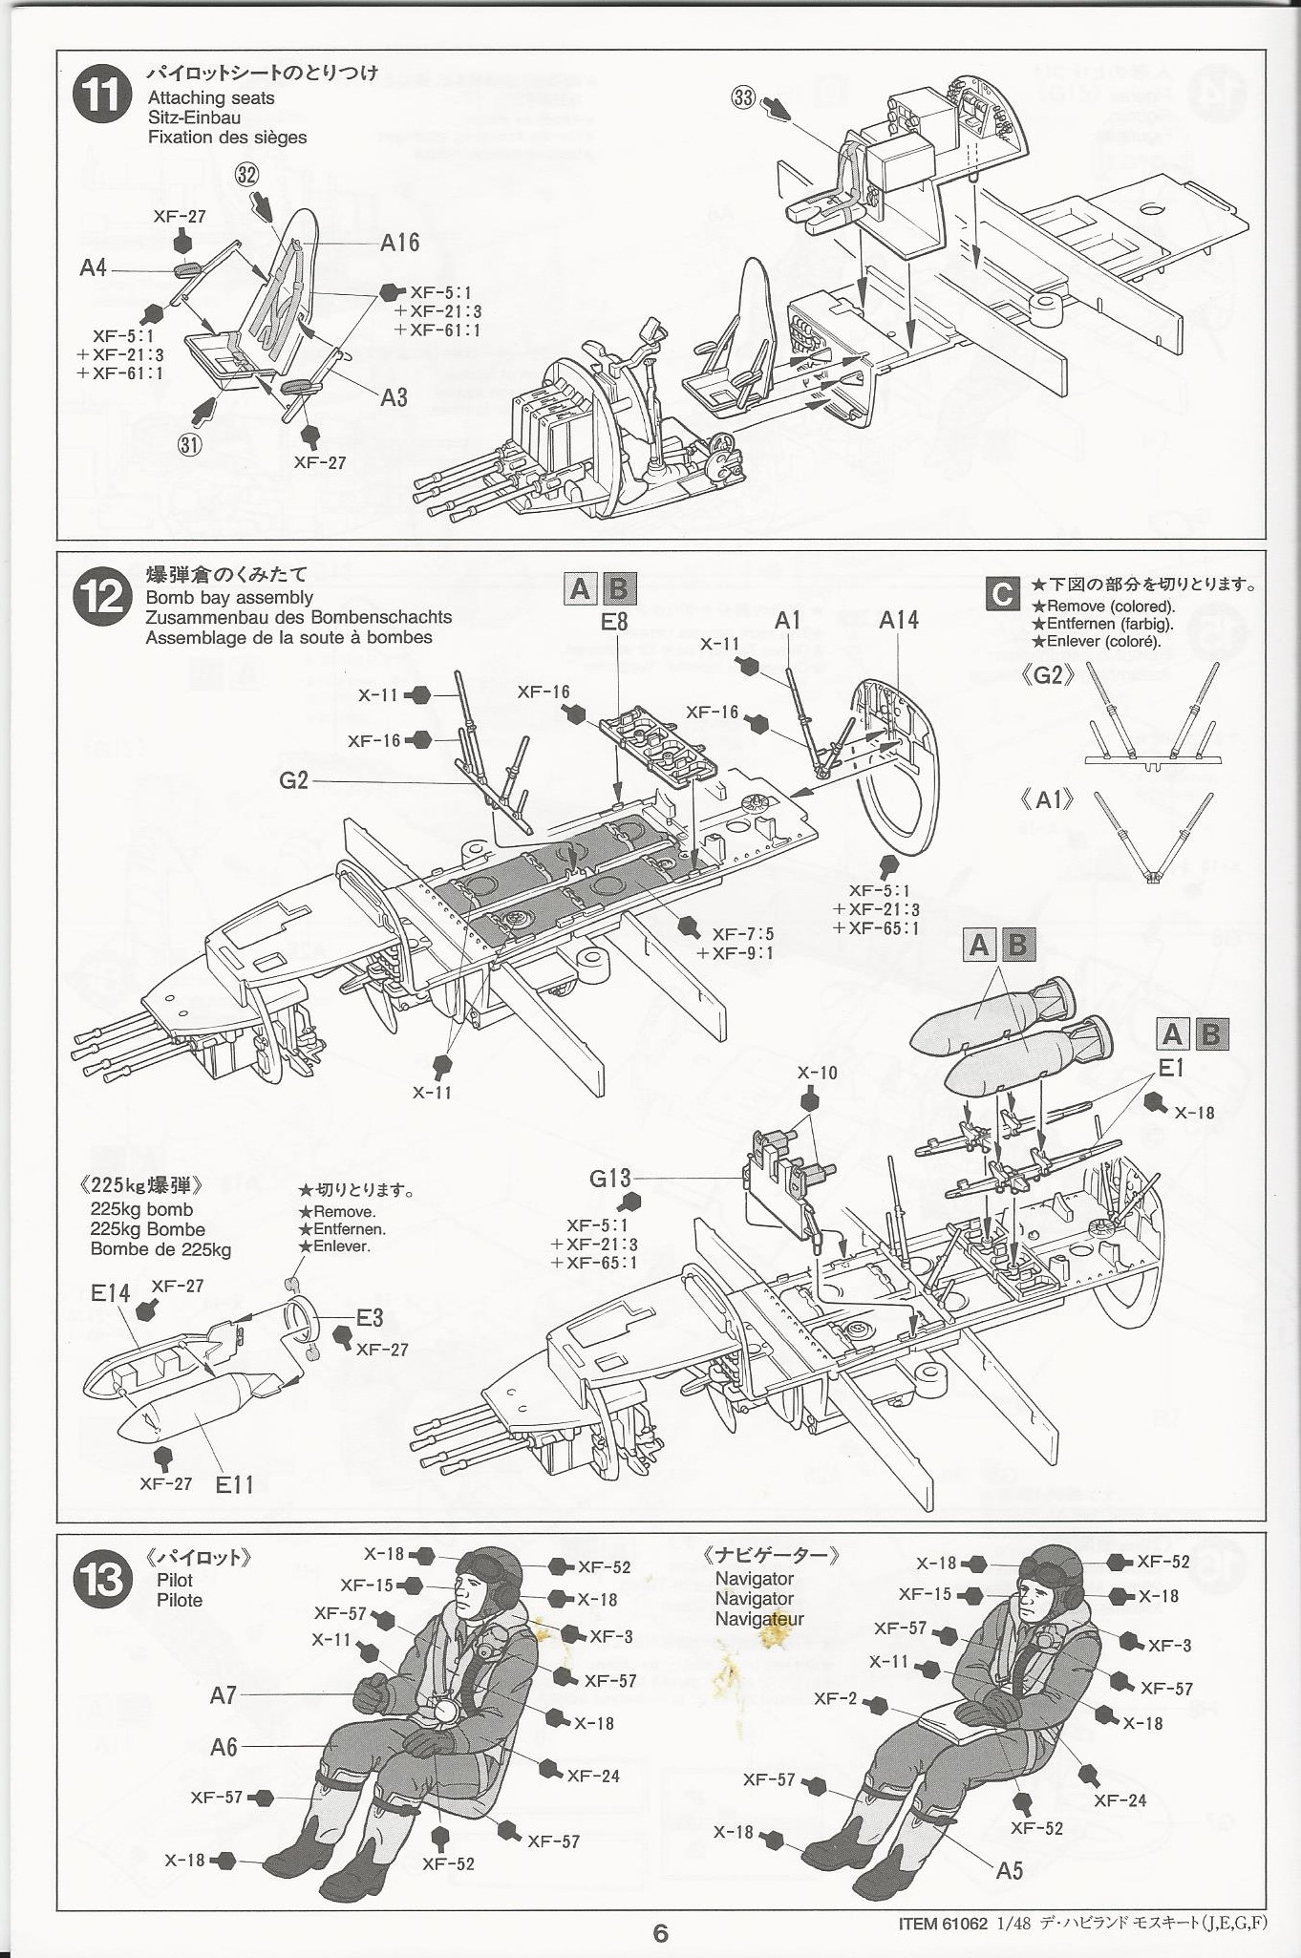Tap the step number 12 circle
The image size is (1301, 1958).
click(x=102, y=599)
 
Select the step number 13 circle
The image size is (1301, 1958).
click(x=102, y=1580)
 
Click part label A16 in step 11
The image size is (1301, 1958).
click(x=399, y=243)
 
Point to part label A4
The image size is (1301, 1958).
click(x=94, y=268)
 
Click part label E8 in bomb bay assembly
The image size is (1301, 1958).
click(x=614, y=622)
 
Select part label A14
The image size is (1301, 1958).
click(x=898, y=620)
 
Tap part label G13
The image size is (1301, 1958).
click(x=610, y=1178)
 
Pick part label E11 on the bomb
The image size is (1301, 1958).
click(x=234, y=1483)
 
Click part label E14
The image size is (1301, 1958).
click(x=110, y=1293)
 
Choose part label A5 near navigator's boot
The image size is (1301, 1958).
click(x=1009, y=1869)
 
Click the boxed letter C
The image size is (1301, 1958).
click(x=1002, y=594)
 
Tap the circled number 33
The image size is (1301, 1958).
click(x=744, y=97)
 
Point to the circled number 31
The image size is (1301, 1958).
click(x=189, y=444)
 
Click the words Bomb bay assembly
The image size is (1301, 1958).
click(x=229, y=597)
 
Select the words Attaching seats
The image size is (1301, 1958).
click(x=210, y=97)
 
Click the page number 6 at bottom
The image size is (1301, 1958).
click(x=660, y=1933)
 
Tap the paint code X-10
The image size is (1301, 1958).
click(x=817, y=1073)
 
